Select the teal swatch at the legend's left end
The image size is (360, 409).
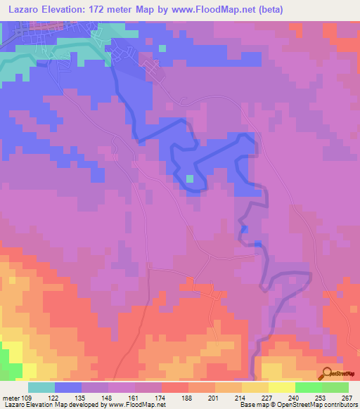[x=41, y=387]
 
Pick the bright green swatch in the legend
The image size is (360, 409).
[x=308, y=387]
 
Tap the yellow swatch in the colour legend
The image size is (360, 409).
[x=281, y=387]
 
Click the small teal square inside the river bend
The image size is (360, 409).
[x=190, y=178]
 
